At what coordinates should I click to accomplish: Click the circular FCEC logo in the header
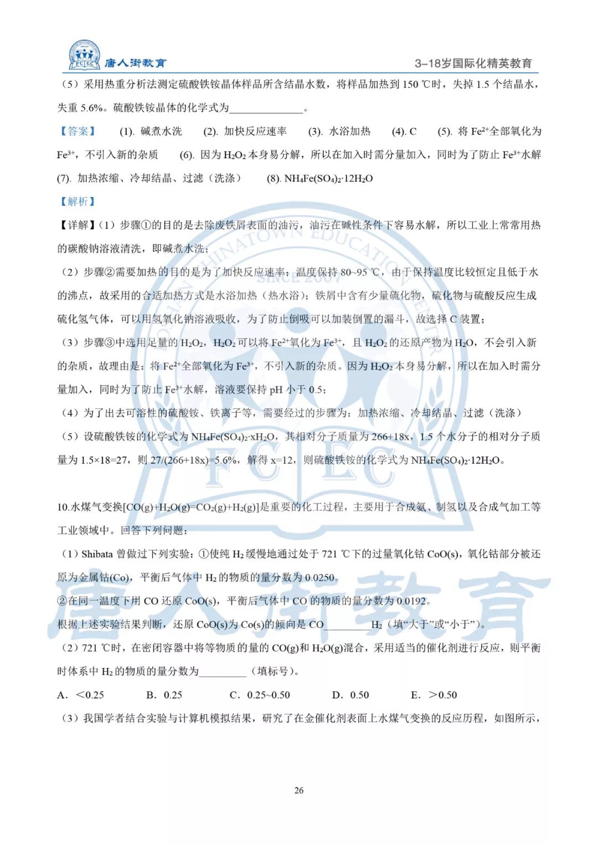click(85, 55)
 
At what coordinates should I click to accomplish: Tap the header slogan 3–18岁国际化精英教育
click(473, 64)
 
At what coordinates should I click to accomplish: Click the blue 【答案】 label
click(78, 131)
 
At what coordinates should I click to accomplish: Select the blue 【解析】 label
click(78, 201)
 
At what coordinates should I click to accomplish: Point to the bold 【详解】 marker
click(77, 225)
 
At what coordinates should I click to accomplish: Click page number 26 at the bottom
click(299, 790)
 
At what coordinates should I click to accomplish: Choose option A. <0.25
click(81, 695)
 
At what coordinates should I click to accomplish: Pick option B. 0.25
click(164, 695)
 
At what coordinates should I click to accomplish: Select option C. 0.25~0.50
click(260, 695)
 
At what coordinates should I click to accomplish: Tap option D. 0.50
click(350, 695)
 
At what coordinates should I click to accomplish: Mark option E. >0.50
click(434, 695)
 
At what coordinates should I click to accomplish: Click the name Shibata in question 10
click(97, 554)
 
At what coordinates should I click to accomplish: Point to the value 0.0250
click(320, 578)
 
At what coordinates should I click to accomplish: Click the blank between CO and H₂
click(347, 625)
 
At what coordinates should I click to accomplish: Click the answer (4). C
click(404, 132)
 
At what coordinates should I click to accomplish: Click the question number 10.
click(63, 507)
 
